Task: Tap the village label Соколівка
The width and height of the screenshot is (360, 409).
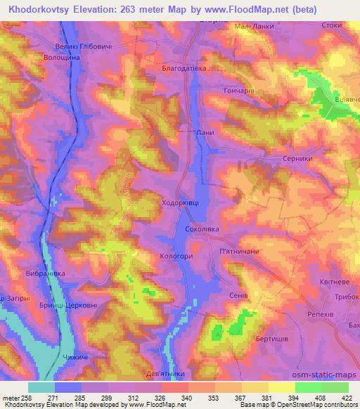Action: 203,229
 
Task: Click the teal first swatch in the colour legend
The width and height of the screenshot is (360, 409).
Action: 41,387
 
